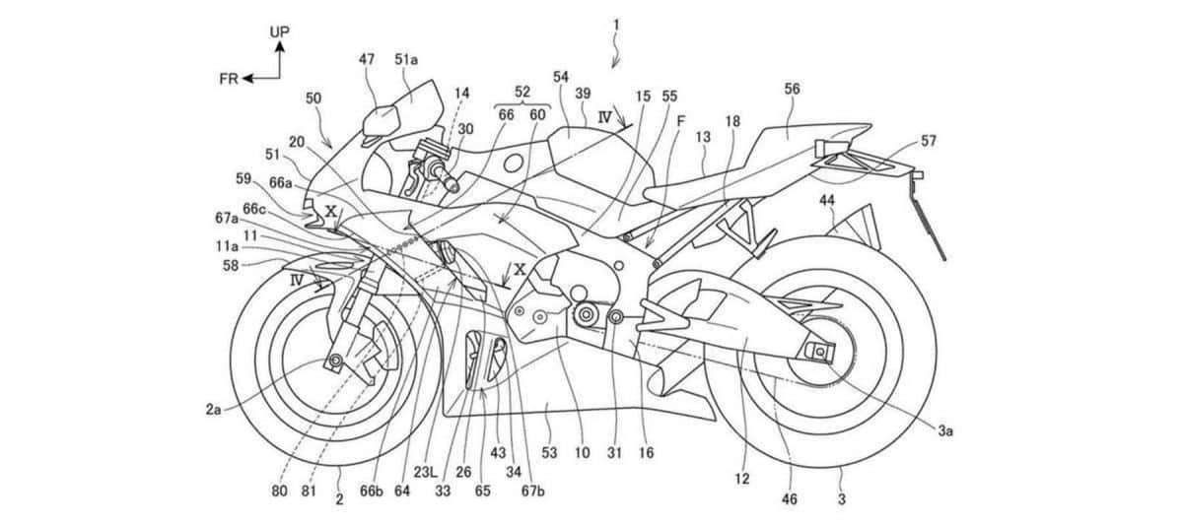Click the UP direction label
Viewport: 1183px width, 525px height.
[279, 32]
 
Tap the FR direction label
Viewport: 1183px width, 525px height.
[229, 79]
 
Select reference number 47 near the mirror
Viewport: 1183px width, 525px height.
[367, 59]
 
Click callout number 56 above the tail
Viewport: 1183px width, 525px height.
[793, 90]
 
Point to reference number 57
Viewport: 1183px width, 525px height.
[929, 141]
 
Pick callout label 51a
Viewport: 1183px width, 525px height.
[406, 60]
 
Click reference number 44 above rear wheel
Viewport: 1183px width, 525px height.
[827, 200]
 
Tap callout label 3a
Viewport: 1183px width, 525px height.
[945, 431]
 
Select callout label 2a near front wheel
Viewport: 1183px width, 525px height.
[213, 409]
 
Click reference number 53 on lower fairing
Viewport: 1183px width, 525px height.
[549, 452]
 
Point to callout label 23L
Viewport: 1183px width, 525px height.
[426, 472]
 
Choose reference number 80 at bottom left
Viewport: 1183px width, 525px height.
[279, 492]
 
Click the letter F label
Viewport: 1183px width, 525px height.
[681, 121]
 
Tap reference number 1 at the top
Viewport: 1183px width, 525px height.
[616, 25]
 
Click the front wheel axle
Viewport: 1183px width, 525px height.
[335, 361]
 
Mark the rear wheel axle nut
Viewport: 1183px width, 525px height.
[819, 351]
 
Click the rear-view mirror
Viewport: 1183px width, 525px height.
[380, 121]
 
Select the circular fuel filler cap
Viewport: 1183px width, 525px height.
[513, 164]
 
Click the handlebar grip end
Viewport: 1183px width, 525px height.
[453, 185]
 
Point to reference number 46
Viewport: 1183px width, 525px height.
[789, 498]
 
